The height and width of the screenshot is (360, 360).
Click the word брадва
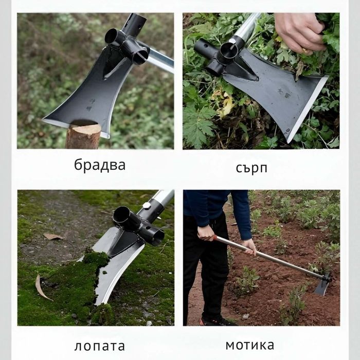[99, 166]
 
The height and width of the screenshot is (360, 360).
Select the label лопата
[99, 346]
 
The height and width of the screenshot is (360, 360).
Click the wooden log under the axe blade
[83, 136]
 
